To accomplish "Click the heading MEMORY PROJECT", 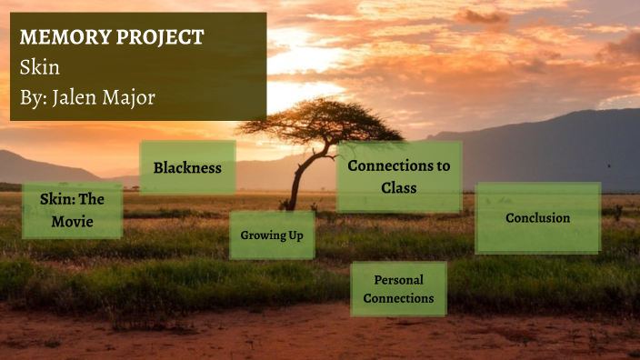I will [x=111, y=37].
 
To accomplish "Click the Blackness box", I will [x=187, y=167].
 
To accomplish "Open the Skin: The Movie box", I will [x=72, y=210].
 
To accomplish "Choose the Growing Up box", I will [x=272, y=235].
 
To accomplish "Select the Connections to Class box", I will [x=398, y=176].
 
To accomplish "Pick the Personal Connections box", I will [x=398, y=289].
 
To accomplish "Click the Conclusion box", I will [x=537, y=218].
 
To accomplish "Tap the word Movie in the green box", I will [x=72, y=221].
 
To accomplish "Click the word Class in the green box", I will [x=398, y=188].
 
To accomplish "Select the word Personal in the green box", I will [x=398, y=280].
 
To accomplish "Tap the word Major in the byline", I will [x=130, y=97].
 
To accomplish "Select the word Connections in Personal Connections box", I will [x=398, y=298].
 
